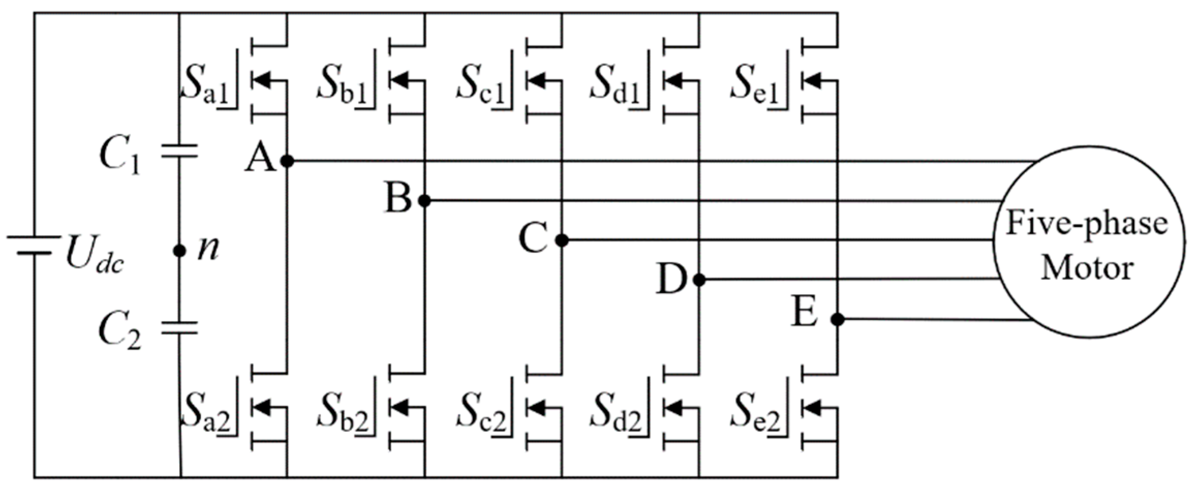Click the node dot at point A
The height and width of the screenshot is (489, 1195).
287,161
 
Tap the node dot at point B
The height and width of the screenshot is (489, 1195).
424,201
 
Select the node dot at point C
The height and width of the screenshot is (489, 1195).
562,240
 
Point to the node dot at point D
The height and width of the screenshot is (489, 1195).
699,280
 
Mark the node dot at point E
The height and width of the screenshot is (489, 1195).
837,319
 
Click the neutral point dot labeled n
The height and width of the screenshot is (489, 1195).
179,251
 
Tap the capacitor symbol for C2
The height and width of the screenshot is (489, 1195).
179,327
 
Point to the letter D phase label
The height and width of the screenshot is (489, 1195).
671,280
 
